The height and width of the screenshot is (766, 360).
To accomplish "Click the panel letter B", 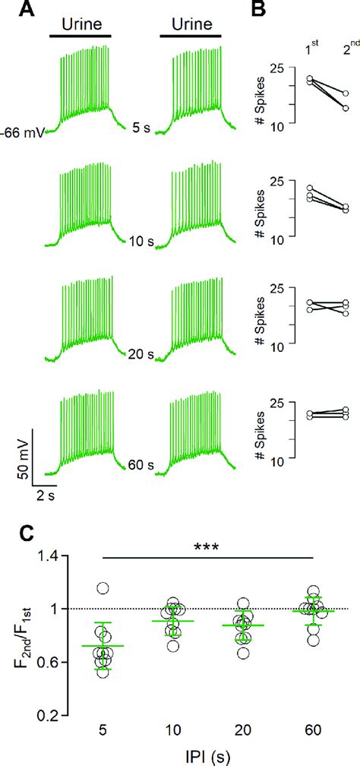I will pyautogui.click(x=257, y=9).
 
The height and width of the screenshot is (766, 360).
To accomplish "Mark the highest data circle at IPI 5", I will pyautogui.click(x=103, y=587).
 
